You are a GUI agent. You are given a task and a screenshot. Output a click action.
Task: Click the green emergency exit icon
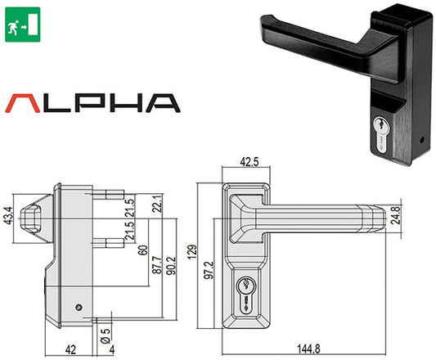pos(21,21)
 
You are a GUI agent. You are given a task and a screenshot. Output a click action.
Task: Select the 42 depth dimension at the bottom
pos(72,349)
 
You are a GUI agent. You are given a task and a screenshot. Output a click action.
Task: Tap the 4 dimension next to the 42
pos(112,349)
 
